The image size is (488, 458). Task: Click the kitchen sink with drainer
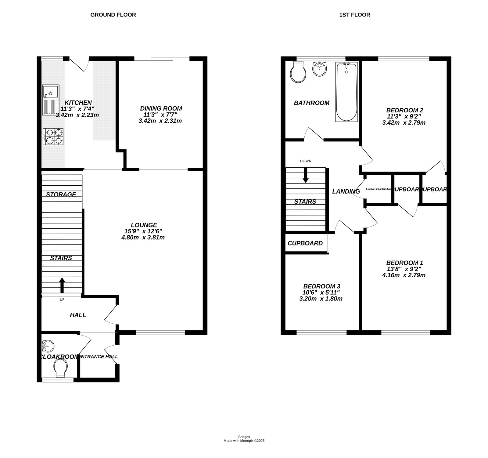click(x=51, y=100)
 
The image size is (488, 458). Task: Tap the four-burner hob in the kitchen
click(x=53, y=136)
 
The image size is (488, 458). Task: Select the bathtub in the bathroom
click(x=346, y=92)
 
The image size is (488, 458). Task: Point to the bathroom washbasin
click(x=320, y=69)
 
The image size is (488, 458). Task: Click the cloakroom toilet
click(x=60, y=367)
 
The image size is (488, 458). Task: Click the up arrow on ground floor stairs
click(x=62, y=285)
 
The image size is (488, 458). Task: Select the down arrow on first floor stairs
click(x=305, y=176)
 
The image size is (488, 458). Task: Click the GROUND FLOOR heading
click(x=113, y=15)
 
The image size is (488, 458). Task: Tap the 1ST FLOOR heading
click(x=355, y=15)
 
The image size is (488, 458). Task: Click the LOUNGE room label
click(x=144, y=225)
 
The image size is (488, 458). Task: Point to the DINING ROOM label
click(x=161, y=108)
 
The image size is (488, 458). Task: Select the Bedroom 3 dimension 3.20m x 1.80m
click(x=321, y=299)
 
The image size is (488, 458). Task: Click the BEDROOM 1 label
click(x=404, y=263)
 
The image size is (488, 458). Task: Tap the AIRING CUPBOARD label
click(x=378, y=189)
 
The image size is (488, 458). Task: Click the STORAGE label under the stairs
click(x=61, y=194)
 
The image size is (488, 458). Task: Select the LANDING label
click(x=346, y=191)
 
